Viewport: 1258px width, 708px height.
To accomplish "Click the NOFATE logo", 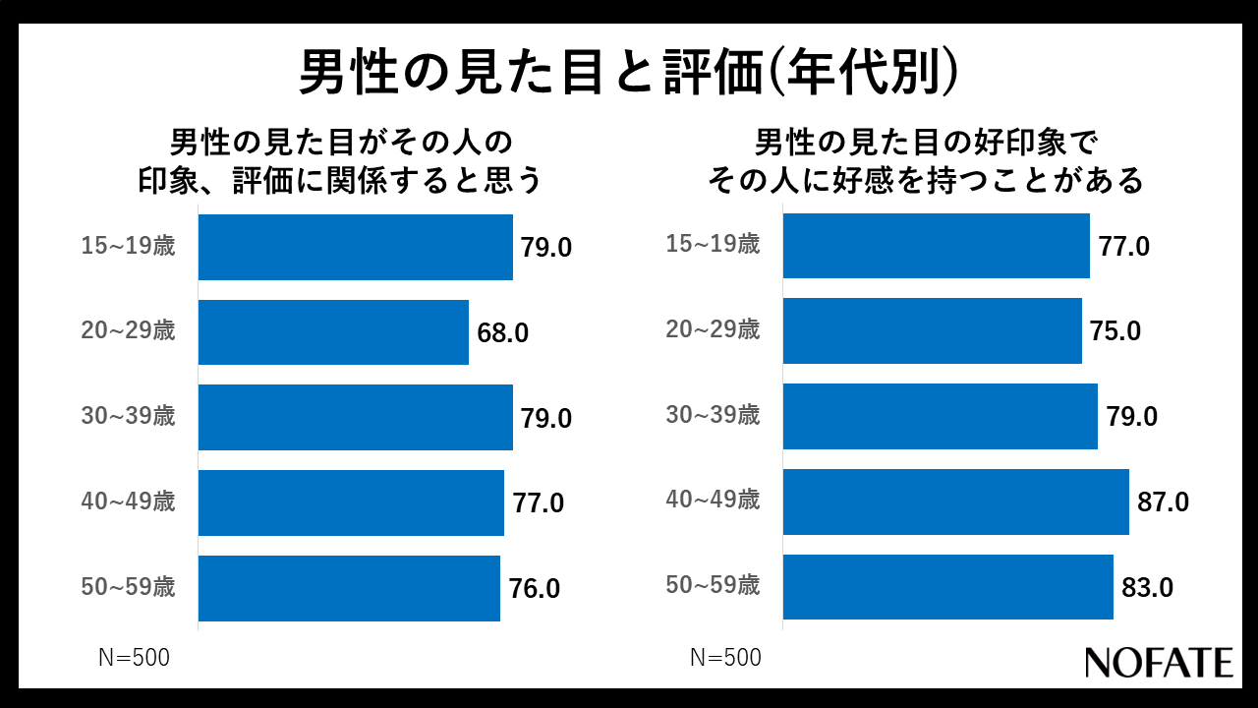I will (x=1159, y=662).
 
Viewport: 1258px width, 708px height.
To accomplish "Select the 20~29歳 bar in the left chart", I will (x=333, y=332).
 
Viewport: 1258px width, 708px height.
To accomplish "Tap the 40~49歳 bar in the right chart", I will (x=955, y=501).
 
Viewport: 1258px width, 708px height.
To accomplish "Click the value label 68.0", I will (x=503, y=333).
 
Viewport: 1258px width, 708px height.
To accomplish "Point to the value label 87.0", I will (x=1163, y=502).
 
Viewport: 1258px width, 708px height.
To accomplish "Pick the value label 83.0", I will (x=1147, y=588).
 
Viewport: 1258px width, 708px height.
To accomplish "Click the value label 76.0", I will (x=535, y=589).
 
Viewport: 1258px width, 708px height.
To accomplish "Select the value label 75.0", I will (x=1115, y=331).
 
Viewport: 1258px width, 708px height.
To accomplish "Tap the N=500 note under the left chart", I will (x=134, y=658).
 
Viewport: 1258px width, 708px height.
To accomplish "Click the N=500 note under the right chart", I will (x=725, y=658).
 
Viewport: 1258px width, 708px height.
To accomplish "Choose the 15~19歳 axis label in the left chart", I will (x=128, y=246).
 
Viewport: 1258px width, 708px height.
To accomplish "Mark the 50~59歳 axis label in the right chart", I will (x=713, y=586).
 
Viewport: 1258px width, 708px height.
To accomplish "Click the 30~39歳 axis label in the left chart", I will (x=128, y=417).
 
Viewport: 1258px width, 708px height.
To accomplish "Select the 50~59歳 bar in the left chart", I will (x=349, y=589).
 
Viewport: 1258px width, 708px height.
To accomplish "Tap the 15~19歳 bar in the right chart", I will (x=936, y=246).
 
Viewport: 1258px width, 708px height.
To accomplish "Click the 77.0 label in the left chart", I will (x=539, y=503).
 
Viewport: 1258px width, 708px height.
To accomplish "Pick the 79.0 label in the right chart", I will (x=1131, y=417).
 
